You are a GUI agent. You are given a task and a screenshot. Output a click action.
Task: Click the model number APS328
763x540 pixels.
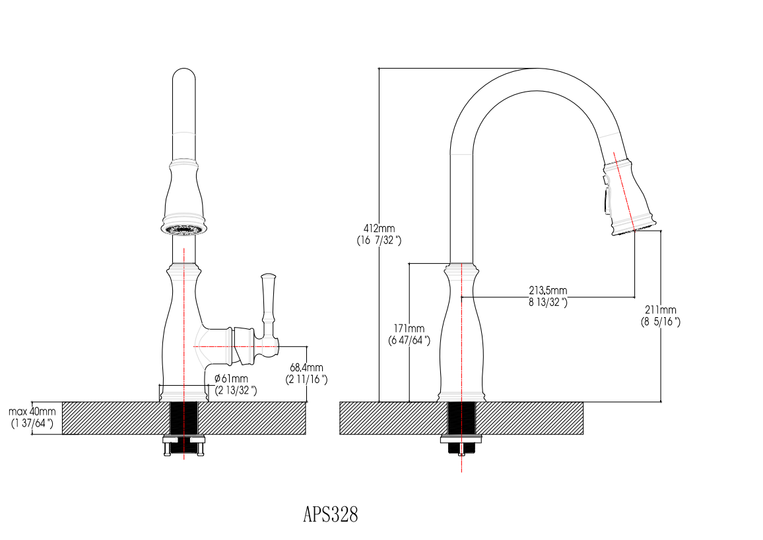click(x=330, y=514)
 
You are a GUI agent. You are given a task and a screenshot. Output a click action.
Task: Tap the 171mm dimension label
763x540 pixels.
click(x=409, y=328)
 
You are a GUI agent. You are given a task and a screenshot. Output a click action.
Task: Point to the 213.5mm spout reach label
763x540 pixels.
click(x=548, y=290)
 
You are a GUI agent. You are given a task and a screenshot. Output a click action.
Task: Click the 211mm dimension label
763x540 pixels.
click(x=661, y=310)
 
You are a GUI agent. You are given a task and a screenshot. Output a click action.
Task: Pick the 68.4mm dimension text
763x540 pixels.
click(x=306, y=367)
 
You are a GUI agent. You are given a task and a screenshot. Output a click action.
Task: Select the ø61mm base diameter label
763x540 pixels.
click(x=231, y=378)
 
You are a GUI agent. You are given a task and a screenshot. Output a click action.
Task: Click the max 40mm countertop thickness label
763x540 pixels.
click(x=32, y=411)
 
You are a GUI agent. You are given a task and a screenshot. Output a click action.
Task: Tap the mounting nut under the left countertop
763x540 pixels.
click(x=183, y=446)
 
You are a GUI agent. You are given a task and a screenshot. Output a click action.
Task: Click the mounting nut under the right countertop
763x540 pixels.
click(x=461, y=444)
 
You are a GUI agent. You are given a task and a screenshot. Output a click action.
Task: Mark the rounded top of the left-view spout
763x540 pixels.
click(x=183, y=76)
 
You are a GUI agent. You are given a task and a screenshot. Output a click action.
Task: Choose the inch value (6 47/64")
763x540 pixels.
click(x=409, y=340)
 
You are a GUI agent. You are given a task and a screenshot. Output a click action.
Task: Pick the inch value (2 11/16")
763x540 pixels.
click(x=306, y=379)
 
